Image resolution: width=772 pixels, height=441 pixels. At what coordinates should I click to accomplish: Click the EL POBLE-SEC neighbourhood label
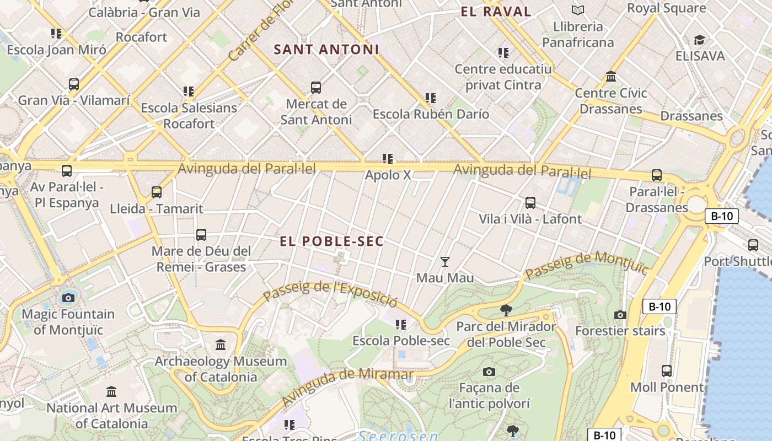tap(331, 241)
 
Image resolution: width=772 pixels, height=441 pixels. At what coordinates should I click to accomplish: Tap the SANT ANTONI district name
tap(326, 50)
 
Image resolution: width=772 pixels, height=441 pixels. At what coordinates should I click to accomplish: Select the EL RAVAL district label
tap(496, 12)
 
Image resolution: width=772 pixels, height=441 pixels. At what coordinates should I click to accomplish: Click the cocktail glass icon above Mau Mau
tap(445, 262)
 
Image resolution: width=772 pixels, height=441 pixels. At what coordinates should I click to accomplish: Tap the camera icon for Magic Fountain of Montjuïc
tap(68, 298)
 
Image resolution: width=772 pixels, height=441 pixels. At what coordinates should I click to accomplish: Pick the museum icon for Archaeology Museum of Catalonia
tap(221, 345)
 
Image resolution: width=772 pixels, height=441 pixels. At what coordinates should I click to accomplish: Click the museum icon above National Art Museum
tap(111, 392)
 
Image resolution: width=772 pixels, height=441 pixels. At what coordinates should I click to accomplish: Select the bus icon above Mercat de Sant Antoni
tap(316, 88)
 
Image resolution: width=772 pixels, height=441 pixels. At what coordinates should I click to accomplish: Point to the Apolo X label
tap(388, 175)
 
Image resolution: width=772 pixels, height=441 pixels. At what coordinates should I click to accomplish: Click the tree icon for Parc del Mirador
tap(506, 310)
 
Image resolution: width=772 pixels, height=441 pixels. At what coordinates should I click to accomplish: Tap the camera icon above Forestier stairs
tap(620, 315)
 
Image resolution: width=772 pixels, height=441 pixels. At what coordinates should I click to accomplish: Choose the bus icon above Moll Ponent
tap(667, 371)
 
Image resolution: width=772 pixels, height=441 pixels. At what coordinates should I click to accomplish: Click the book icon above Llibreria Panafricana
tap(578, 10)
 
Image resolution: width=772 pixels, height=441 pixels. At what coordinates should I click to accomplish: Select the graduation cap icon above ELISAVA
tap(700, 40)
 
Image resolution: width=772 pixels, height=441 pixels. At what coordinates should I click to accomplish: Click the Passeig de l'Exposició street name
tap(330, 294)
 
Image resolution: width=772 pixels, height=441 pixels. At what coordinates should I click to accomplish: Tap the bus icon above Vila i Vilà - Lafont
tap(530, 203)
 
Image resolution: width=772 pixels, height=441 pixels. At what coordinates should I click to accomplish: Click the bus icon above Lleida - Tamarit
tap(157, 192)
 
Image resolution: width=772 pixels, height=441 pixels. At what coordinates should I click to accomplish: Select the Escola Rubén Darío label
tap(431, 114)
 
